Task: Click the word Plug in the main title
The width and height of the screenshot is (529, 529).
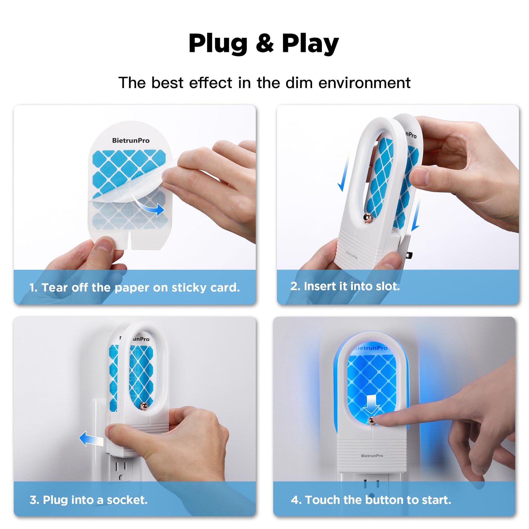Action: tap(218, 44)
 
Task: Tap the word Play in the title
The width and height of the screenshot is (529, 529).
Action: tap(310, 44)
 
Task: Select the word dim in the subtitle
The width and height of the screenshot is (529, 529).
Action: tap(299, 82)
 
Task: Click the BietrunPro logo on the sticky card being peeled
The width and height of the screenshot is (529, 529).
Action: tap(131, 141)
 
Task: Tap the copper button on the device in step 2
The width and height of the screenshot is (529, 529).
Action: tap(368, 217)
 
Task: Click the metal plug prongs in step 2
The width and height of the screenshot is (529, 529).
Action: tap(409, 255)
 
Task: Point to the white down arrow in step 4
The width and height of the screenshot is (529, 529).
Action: tap(371, 404)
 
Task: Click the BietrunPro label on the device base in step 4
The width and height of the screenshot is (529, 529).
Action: tap(372, 456)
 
